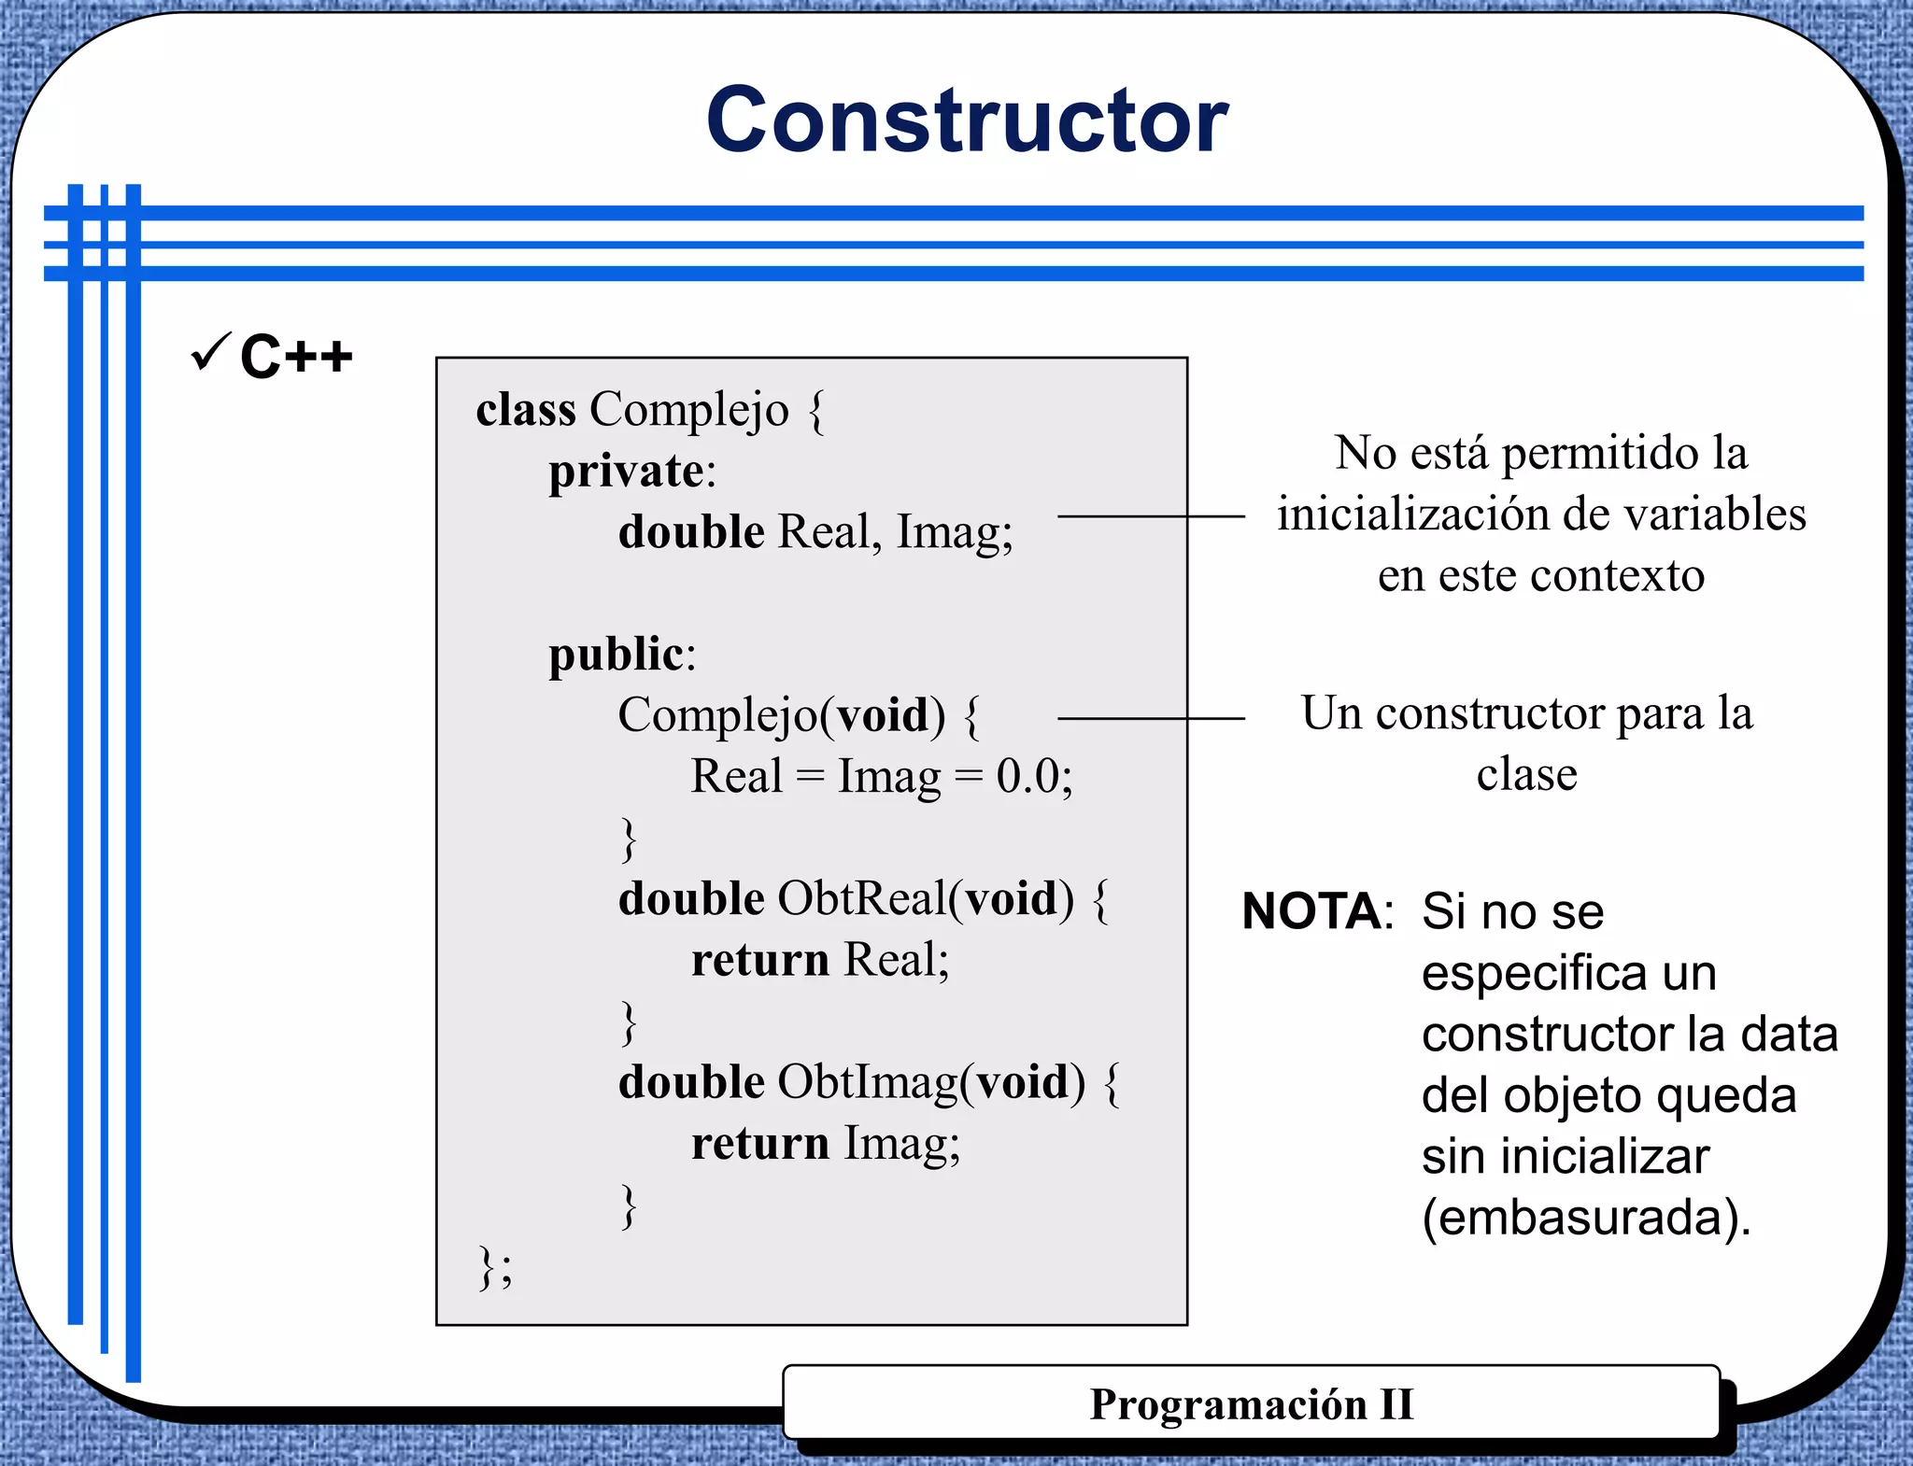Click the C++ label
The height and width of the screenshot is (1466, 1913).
pyautogui.click(x=296, y=357)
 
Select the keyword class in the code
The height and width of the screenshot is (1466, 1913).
pyautogui.click(x=525, y=409)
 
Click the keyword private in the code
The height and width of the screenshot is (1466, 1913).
pyautogui.click(x=626, y=471)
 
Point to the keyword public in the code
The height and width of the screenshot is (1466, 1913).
pyautogui.click(x=616, y=654)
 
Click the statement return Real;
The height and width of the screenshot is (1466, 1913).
pyautogui.click(x=820, y=960)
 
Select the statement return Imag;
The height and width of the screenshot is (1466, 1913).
pyautogui.click(x=826, y=1144)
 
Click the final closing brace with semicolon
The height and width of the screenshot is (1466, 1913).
pyautogui.click(x=495, y=1267)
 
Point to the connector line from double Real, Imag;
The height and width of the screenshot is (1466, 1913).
pyautogui.click(x=1151, y=516)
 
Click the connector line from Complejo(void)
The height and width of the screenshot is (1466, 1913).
pyautogui.click(x=1151, y=719)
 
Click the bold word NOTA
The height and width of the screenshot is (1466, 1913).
pyautogui.click(x=1311, y=911)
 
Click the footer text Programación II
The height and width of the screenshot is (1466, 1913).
pyautogui.click(x=1252, y=1404)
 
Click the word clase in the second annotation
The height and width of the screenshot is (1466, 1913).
pyautogui.click(x=1526, y=774)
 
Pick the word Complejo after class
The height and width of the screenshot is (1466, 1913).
pyautogui.click(x=689, y=410)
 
